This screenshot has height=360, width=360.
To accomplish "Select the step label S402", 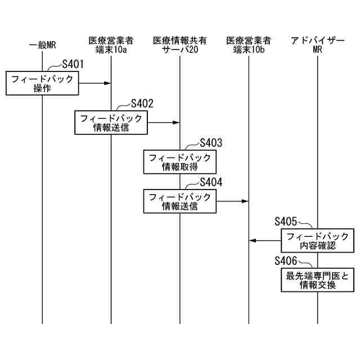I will click(x=142, y=103).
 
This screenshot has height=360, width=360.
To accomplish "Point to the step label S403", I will click(x=211, y=142).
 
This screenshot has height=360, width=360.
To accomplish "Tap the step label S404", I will click(x=211, y=182).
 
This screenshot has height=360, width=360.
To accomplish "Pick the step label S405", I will click(x=286, y=222).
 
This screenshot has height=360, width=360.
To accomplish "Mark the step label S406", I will click(x=286, y=260).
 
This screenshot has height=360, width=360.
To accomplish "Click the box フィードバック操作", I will click(x=42, y=83).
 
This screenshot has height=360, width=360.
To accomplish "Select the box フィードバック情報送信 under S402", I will click(x=111, y=123).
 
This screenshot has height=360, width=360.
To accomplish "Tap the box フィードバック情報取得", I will click(x=180, y=162).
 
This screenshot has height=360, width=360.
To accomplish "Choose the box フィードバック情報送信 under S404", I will click(x=180, y=201).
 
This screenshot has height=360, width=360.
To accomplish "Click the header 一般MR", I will click(x=42, y=46).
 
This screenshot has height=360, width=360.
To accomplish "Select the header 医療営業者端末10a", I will click(x=111, y=45).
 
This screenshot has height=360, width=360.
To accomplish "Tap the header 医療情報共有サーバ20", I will click(x=180, y=45).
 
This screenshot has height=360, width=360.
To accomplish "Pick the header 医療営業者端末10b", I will click(x=249, y=45).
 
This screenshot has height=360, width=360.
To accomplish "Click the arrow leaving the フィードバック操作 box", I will click(x=94, y=83).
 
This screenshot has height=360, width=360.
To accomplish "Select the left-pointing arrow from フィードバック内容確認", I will click(x=265, y=241).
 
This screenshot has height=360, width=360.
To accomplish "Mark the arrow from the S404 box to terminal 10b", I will click(x=232, y=201).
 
